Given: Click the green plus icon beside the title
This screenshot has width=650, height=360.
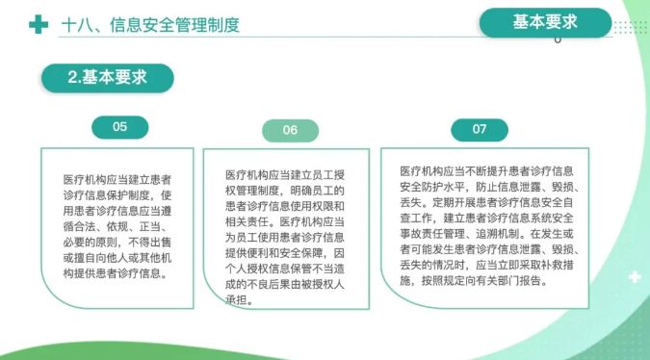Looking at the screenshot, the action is [x=39, y=24].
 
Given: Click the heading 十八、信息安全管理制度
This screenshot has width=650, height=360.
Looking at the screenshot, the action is [x=150, y=25].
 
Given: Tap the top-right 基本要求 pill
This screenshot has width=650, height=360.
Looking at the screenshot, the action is [x=545, y=22].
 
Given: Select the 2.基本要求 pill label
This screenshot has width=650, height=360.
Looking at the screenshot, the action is [x=107, y=77].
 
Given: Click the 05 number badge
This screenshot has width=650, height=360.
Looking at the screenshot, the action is [x=119, y=127].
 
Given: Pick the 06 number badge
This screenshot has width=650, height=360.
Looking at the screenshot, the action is [x=290, y=130].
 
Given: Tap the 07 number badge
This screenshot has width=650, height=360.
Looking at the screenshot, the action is [x=480, y=130].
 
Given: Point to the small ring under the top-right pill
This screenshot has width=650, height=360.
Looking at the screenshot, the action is [x=558, y=39].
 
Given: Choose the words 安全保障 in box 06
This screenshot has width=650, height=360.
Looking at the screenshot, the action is [x=290, y=253].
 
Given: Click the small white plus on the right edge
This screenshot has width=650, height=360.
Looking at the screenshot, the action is [x=635, y=276].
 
